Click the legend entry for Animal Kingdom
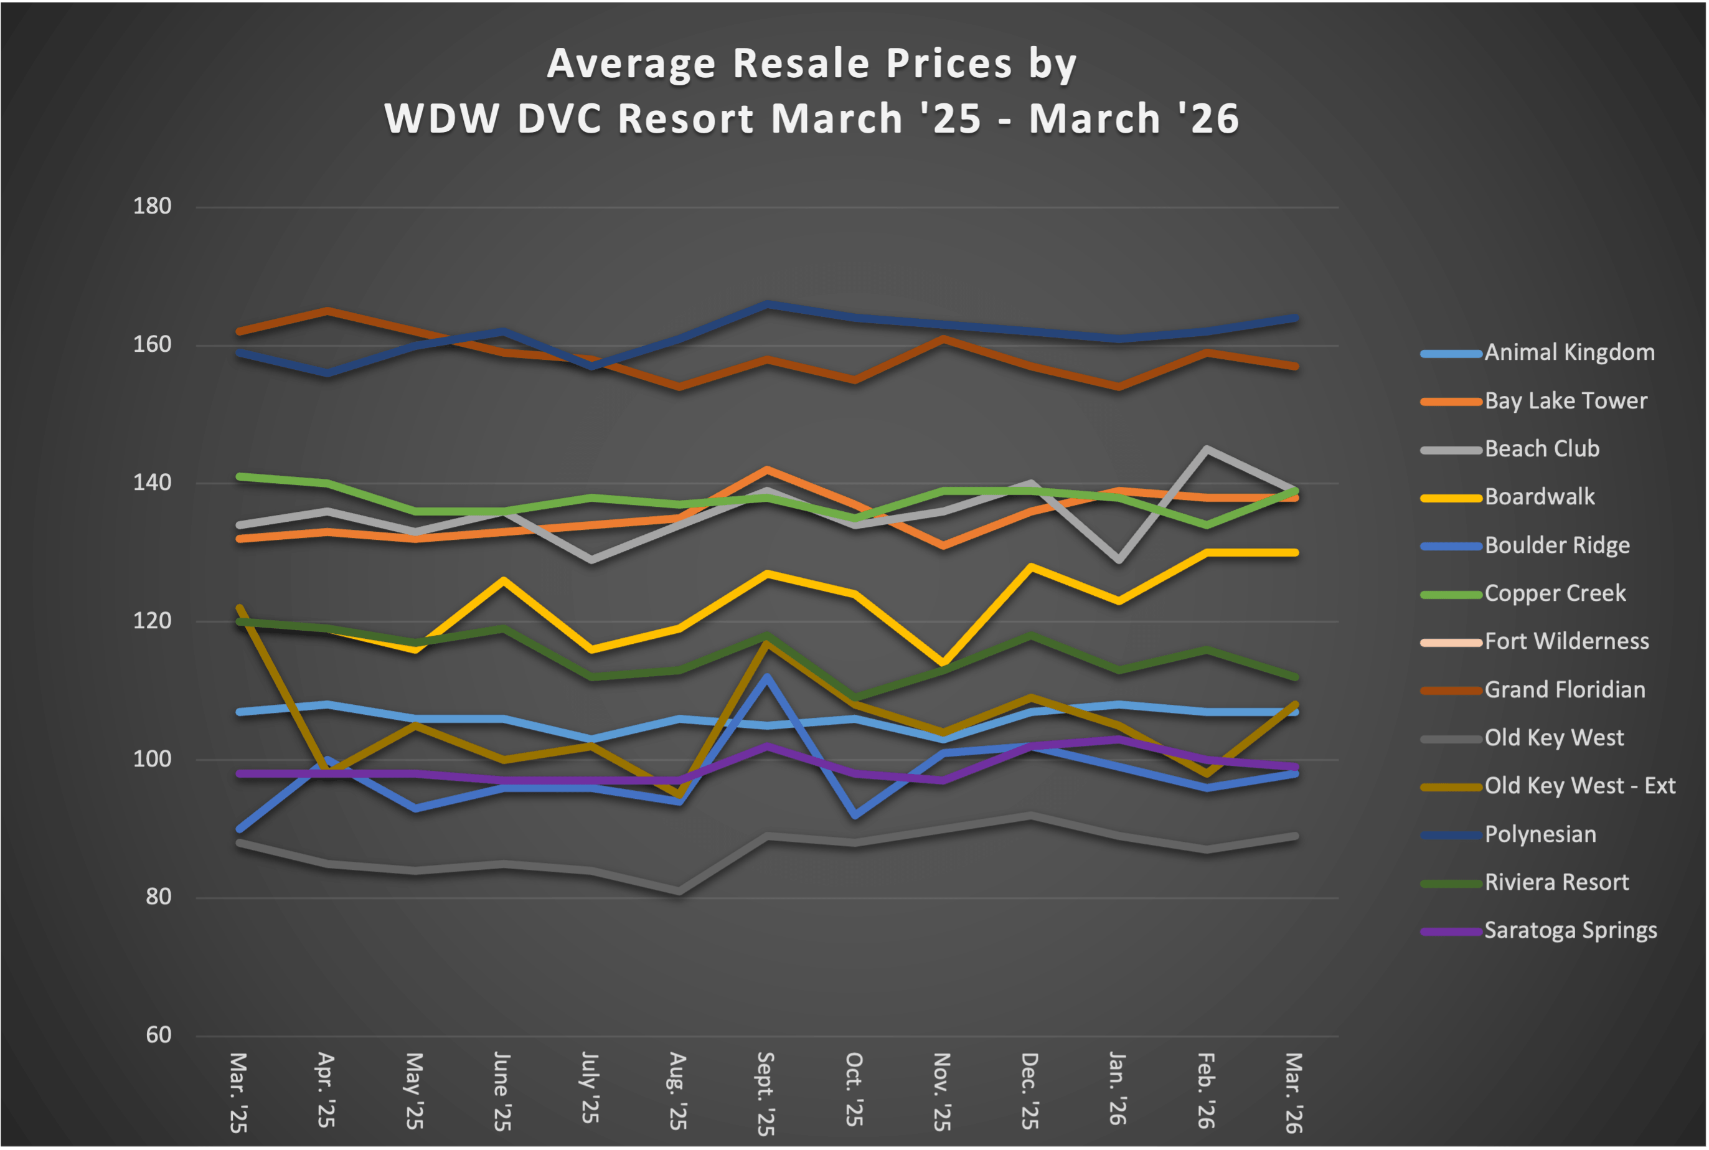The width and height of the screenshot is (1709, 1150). point(1569,353)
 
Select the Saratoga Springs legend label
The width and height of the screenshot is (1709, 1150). point(1570,931)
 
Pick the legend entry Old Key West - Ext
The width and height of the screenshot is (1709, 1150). point(1580,786)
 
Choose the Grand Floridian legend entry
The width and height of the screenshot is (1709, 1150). point(1565,690)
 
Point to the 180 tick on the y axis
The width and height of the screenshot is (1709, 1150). point(152,206)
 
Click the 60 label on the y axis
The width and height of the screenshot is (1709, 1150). point(158,1035)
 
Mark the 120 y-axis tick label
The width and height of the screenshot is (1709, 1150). point(152,621)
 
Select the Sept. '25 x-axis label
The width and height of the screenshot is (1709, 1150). point(765,1093)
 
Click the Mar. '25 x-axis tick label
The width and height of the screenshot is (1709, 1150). point(238,1092)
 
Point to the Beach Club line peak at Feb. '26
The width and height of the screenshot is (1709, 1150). point(1206,449)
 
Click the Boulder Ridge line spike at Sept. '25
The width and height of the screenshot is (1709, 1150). point(767,676)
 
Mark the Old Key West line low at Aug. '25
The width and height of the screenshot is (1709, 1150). point(679,892)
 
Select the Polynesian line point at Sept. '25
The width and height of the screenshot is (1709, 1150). point(767,304)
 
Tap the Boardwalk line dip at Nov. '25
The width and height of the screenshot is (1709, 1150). point(943,663)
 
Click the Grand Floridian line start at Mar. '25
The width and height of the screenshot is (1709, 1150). point(240,331)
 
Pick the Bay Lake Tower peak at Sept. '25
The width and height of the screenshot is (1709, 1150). point(767,469)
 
